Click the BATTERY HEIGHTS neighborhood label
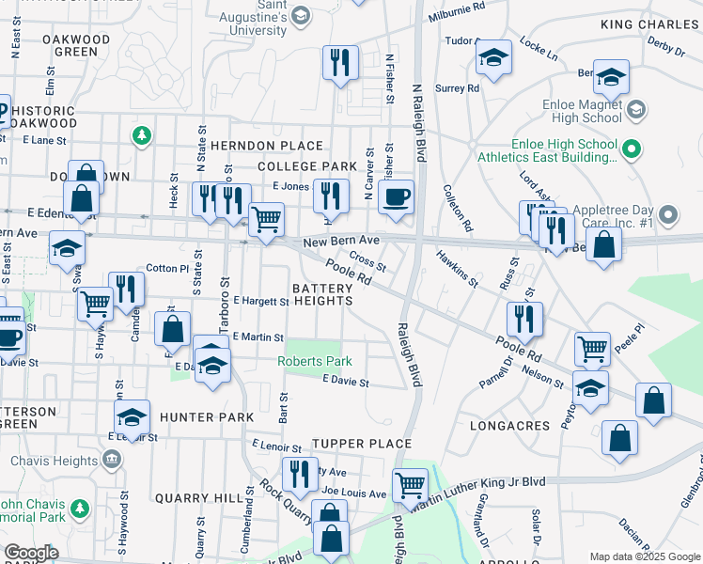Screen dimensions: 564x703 coord(322,294)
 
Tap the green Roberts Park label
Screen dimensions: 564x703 coord(314,362)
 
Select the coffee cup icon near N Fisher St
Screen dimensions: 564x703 coord(397,197)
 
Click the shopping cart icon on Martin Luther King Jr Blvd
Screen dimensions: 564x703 coord(410,486)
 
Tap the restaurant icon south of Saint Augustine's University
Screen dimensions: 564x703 coord(339,63)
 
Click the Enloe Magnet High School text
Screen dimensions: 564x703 coord(576,105)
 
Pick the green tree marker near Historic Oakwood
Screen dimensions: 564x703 coord(142,137)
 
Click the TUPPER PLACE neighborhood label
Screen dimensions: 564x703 coord(350,444)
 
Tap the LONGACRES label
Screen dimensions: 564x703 coord(508,426)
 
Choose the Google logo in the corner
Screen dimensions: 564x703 coord(31,553)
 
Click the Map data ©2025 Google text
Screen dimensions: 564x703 coord(645,556)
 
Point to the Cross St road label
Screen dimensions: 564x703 coord(367,258)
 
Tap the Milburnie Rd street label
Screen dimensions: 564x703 coord(457,6)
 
